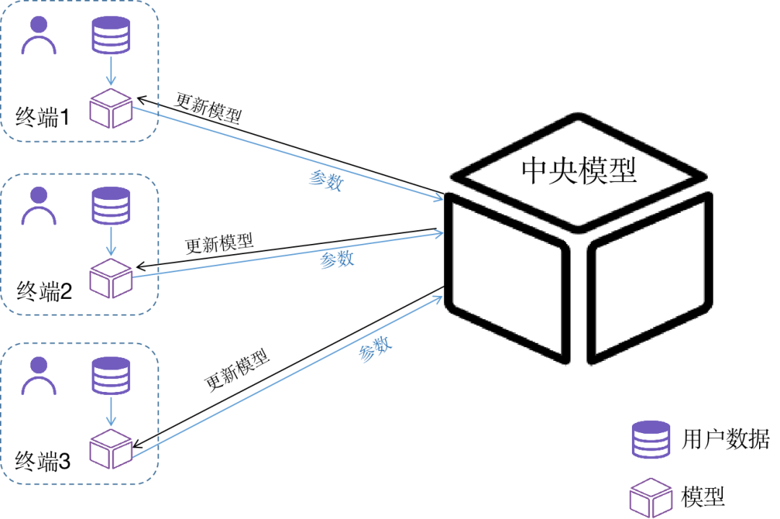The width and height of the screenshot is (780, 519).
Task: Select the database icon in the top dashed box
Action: click(x=110, y=35)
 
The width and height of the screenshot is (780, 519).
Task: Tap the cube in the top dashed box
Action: click(x=110, y=109)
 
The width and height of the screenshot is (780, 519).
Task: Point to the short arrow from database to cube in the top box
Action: click(x=110, y=71)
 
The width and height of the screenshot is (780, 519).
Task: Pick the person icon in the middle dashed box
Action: click(x=38, y=206)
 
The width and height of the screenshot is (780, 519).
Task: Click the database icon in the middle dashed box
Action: click(x=110, y=206)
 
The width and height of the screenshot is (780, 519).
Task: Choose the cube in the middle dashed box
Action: click(x=110, y=279)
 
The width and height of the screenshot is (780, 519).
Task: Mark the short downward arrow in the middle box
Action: click(x=110, y=242)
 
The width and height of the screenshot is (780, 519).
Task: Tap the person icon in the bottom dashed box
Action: click(x=38, y=376)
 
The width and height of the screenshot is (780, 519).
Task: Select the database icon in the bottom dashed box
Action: click(x=110, y=375)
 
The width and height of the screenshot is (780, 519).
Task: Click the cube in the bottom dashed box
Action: click(x=110, y=449)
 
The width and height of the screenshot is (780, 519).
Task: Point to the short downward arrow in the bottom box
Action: click(x=110, y=411)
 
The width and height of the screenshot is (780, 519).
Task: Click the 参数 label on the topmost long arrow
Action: click(x=326, y=180)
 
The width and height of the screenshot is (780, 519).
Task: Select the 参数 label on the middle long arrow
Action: click(x=337, y=260)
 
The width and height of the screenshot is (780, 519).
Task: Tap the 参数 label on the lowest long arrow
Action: click(x=375, y=350)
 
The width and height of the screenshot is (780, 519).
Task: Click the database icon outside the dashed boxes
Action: click(x=651, y=439)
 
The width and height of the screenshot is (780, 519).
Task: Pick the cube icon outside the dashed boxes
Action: click(x=651, y=498)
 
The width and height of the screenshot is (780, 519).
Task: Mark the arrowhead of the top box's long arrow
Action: click(x=438, y=198)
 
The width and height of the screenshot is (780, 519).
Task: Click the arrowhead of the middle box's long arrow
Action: click(x=438, y=233)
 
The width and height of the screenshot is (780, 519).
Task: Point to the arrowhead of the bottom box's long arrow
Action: click(x=438, y=298)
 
